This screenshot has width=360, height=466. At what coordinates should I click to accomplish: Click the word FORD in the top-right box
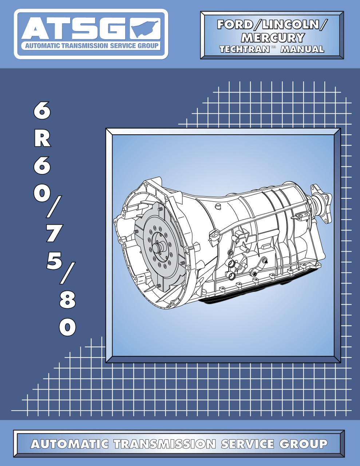tap(235, 24)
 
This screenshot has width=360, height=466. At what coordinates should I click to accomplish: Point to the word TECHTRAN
tap(245, 50)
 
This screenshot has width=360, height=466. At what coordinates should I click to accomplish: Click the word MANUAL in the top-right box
tap(302, 50)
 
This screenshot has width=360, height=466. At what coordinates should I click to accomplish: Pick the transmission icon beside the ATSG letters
tap(146, 29)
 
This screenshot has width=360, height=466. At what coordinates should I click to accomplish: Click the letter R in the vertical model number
tap(43, 139)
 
